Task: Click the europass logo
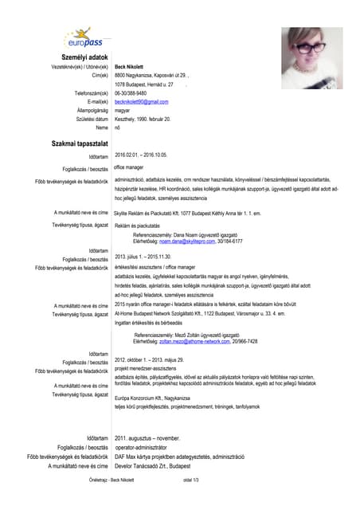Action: point(84,38)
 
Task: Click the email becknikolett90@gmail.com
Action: point(142,102)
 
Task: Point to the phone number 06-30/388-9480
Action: point(135,92)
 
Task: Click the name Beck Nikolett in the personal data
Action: point(129,66)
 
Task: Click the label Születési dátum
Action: point(88,119)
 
